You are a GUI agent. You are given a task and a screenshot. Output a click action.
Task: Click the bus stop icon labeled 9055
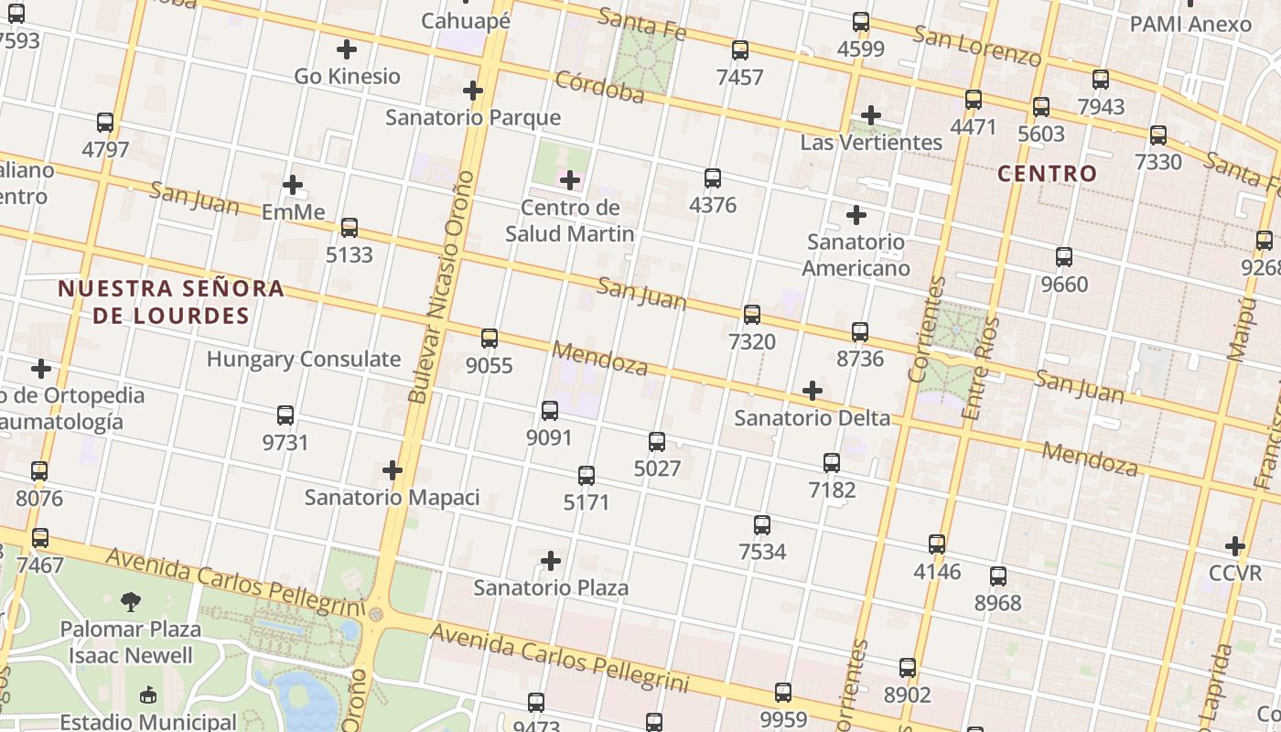tap(490, 339)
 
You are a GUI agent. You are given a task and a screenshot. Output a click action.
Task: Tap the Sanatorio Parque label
tap(472, 117)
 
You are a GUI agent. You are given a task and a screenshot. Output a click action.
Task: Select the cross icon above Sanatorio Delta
tap(812, 392)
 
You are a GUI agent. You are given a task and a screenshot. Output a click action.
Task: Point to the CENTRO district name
tap(1047, 173)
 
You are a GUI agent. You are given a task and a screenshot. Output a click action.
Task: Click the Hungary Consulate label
tap(303, 359)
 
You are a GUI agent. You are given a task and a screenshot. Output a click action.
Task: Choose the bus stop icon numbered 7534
tap(762, 525)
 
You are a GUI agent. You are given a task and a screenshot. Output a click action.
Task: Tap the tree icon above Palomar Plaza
tap(131, 601)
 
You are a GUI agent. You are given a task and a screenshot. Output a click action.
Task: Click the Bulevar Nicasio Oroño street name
tap(443, 286)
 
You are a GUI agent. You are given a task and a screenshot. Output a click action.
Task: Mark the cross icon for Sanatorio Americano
tap(856, 215)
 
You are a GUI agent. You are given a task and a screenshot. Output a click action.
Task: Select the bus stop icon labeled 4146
tap(937, 544)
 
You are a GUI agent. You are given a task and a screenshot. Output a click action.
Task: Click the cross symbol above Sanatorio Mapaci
tap(393, 470)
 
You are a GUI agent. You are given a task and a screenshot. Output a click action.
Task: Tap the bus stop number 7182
tap(832, 490)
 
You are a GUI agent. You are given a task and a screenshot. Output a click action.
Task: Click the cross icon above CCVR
tap(1235, 546)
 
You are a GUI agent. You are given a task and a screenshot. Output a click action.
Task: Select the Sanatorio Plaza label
tap(551, 587)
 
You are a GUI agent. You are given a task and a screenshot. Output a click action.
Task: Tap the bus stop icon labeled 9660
tap(1064, 257)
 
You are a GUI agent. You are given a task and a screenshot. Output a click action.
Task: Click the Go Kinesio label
tap(347, 76)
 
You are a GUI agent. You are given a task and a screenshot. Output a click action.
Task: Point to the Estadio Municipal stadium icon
tap(148, 695)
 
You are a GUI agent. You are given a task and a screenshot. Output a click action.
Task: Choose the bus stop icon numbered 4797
tap(105, 123)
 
